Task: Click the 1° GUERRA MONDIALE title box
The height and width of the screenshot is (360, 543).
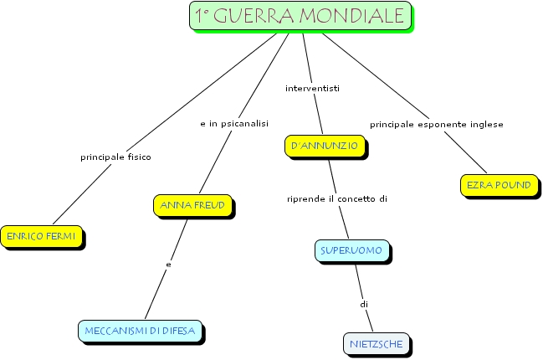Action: point(300,16)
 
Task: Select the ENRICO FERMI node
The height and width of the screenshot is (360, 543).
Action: point(41,236)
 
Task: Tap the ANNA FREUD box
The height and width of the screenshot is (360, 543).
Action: point(192,205)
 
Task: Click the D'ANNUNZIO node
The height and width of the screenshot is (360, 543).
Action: point(325,146)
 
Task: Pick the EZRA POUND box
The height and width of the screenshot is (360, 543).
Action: point(499,185)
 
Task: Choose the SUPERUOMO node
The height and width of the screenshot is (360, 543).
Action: point(352,250)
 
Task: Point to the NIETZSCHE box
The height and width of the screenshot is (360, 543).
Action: point(377,344)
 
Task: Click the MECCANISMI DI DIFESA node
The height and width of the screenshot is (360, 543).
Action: point(140,331)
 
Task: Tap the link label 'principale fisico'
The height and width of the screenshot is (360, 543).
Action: point(115,157)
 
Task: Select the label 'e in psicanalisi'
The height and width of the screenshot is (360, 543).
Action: point(234,124)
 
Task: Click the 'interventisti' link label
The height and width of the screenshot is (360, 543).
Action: point(312,89)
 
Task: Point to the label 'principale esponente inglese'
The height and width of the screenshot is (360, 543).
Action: point(437,125)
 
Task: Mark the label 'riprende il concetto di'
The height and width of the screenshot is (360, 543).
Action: point(337,199)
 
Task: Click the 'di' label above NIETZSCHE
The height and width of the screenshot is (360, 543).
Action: point(364,305)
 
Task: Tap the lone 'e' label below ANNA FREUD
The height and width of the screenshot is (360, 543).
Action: point(168,265)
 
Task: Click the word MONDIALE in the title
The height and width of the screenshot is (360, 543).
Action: point(352,16)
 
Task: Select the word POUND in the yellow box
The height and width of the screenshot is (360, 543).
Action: point(514,185)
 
